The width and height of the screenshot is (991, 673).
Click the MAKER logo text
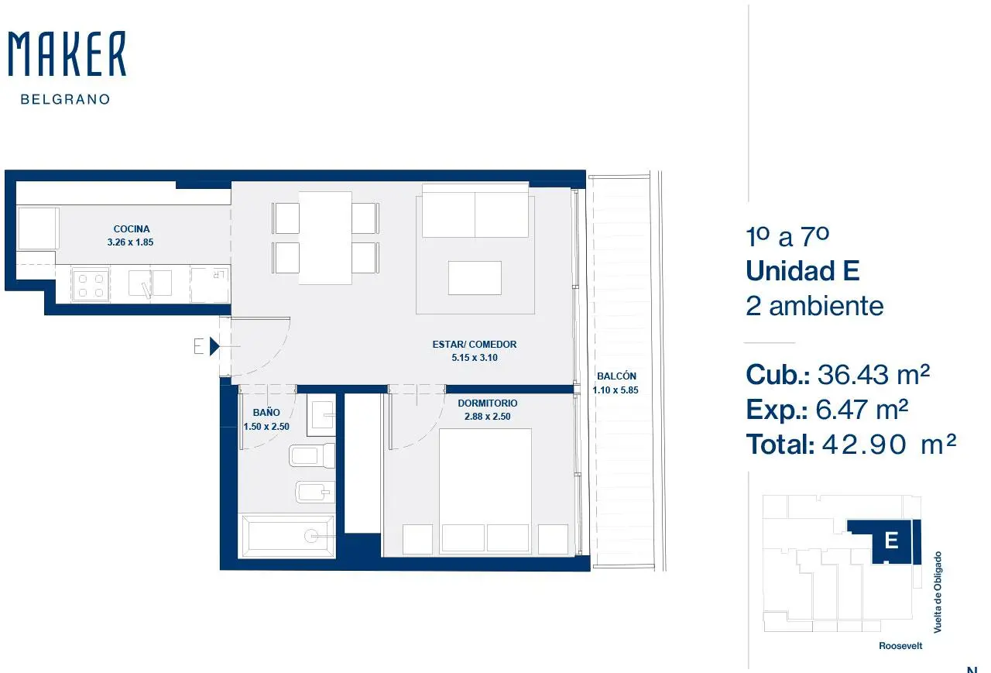[x=67, y=53]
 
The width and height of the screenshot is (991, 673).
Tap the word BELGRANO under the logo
[x=66, y=99]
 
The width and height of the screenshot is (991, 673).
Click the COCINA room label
[x=132, y=228]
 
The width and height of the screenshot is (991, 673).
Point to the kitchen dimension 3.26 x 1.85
[x=130, y=242]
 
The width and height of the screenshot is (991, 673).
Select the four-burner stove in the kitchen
[x=91, y=285]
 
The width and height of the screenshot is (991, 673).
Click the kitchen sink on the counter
[x=150, y=283]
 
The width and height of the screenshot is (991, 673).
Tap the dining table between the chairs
[x=325, y=238]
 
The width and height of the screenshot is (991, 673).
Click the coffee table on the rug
[x=475, y=278]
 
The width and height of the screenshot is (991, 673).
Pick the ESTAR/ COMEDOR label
[x=475, y=344]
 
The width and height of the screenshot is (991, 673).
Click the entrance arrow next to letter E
[x=214, y=346]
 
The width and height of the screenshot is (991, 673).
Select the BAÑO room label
[x=266, y=412]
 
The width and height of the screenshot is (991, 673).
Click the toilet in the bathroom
[x=312, y=455]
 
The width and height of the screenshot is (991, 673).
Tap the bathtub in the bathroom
[x=286, y=536]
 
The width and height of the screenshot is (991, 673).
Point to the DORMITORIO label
[x=488, y=403]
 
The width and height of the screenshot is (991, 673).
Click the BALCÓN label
[x=616, y=376]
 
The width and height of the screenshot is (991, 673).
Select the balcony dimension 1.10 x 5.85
[x=616, y=390]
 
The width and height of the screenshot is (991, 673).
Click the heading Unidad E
[x=803, y=270]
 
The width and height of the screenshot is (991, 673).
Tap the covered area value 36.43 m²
[x=873, y=375]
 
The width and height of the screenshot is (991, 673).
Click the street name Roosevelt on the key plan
[x=900, y=646]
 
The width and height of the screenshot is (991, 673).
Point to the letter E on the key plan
[x=891, y=541]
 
